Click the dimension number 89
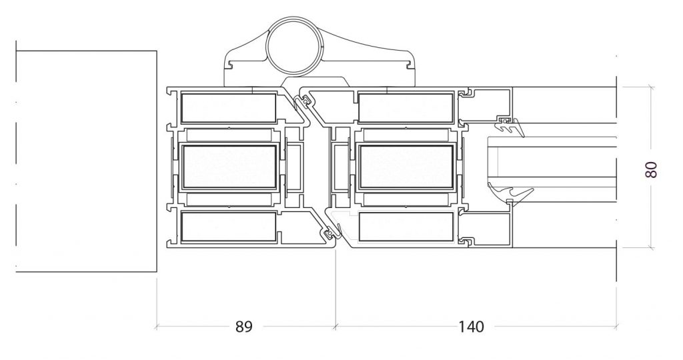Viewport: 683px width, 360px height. tap(244, 327)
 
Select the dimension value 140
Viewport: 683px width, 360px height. tap(471, 327)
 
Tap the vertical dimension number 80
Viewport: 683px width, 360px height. tap(650, 169)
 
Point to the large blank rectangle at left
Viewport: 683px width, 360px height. tap(86, 161)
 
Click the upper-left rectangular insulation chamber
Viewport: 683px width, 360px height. tap(229, 108)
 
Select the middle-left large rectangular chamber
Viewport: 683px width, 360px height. tap(229, 167)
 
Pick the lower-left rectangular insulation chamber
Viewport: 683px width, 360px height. tap(229, 227)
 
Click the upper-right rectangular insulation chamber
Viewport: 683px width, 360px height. tap(406, 108)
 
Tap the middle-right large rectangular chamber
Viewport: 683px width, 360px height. tap(406, 167)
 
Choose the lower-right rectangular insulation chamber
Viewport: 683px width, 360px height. tap(406, 227)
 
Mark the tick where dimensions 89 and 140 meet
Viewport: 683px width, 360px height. tap(336, 326)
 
